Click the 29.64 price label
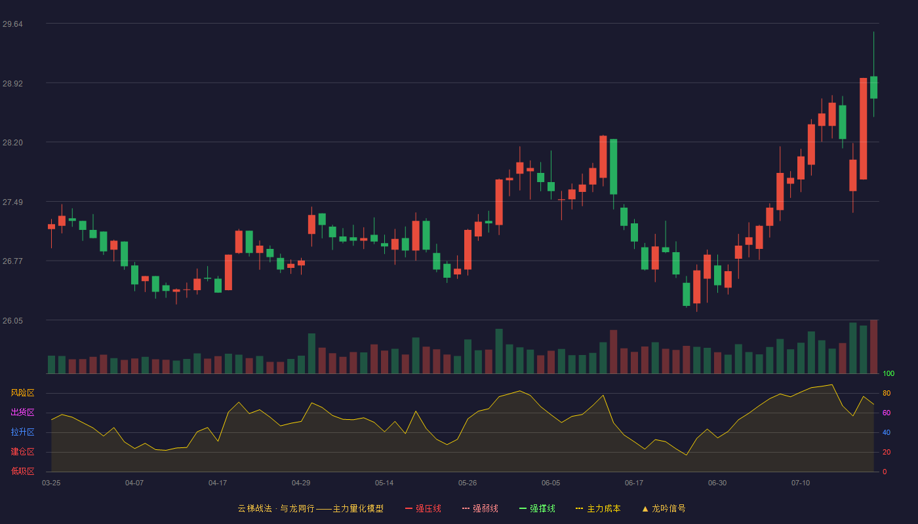pos(12,24)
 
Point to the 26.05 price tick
pos(12,320)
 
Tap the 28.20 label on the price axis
pos(12,143)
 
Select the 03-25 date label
pos(51,483)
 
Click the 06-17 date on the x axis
pos(634,483)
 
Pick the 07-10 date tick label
pos(801,483)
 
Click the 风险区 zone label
pos(22,393)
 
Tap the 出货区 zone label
pos(22,412)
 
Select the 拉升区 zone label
pos(22,432)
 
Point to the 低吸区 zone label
pos(22,471)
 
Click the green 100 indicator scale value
pos(888,373)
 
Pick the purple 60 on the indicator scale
pos(887,413)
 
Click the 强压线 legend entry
pos(423,508)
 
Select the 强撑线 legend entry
pos(537,508)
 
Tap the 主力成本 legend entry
pos(598,508)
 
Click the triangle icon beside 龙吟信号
pos(645,509)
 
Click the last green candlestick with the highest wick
pos(873,87)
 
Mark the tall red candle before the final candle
pos(863,128)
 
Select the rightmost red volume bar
pos(873,346)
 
